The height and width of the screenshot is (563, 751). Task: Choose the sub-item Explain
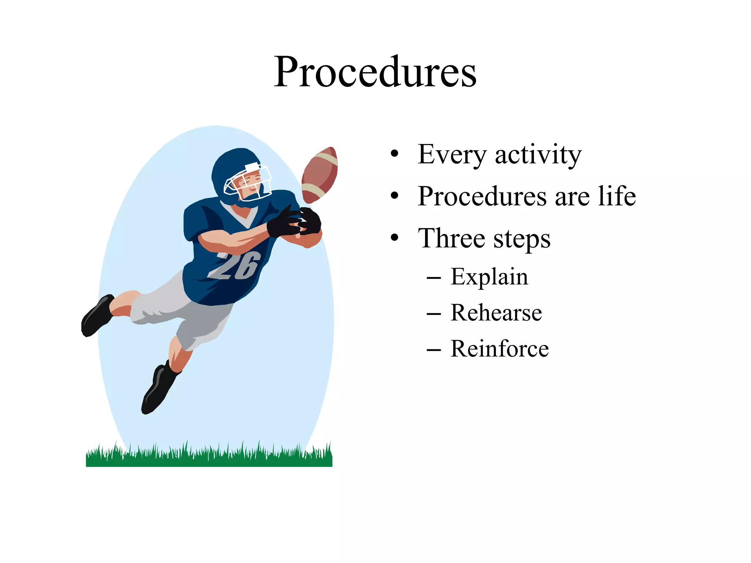point(489,277)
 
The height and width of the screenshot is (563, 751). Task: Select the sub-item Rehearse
point(496,313)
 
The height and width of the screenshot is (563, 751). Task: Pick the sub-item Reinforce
point(499,349)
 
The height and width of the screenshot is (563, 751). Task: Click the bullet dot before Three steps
point(394,238)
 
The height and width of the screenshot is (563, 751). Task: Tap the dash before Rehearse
point(434,314)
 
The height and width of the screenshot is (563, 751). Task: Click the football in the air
point(319,175)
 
